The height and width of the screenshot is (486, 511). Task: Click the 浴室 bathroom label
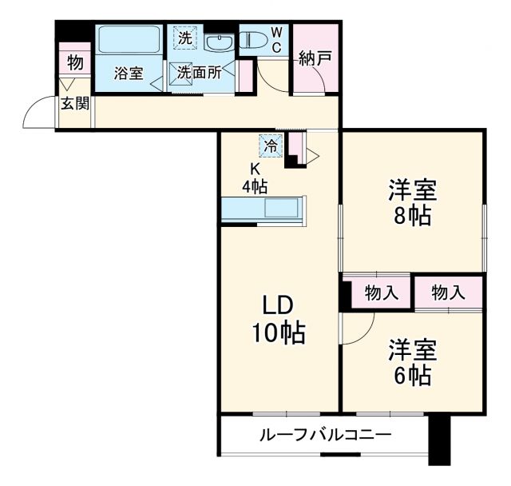tap(129, 74)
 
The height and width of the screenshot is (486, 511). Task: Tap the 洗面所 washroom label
tap(200, 72)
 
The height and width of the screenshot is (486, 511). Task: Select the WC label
tap(276, 39)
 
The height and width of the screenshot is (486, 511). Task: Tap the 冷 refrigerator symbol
tap(271, 146)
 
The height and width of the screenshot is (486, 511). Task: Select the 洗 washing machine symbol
tap(184, 37)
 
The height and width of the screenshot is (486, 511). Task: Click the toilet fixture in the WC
tap(255, 39)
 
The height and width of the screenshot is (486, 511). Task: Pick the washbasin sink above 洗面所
tap(217, 42)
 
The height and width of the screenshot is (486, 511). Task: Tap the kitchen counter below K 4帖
tap(263, 208)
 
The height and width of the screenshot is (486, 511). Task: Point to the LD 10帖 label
tap(279, 320)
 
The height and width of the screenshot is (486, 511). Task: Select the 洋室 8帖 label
tap(412, 204)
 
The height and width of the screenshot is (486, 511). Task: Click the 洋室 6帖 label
tap(412, 362)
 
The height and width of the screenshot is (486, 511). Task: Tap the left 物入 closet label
tap(381, 293)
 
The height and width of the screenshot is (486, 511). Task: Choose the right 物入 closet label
tap(448, 293)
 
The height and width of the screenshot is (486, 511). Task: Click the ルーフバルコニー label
tap(324, 436)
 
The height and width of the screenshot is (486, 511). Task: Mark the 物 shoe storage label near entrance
tap(74, 62)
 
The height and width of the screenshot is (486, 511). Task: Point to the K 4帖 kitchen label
tap(255, 177)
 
